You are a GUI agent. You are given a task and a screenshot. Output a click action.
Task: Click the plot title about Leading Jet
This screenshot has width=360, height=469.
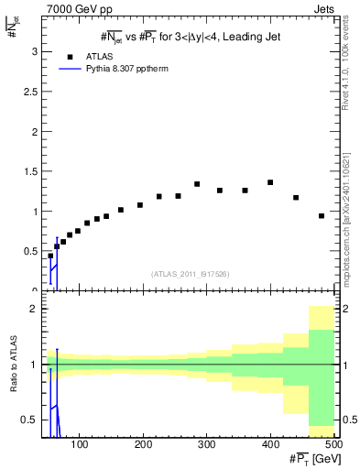pos(190,38)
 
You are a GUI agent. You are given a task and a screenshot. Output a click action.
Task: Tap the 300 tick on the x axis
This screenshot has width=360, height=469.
pos(206,443)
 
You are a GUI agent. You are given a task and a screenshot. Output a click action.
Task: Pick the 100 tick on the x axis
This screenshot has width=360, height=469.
pos(81,443)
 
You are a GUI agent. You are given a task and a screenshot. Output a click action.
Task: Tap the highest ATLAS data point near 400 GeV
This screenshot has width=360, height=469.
pos(270,182)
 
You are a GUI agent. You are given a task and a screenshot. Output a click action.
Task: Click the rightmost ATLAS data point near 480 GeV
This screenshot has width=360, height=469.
pos(322,216)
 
